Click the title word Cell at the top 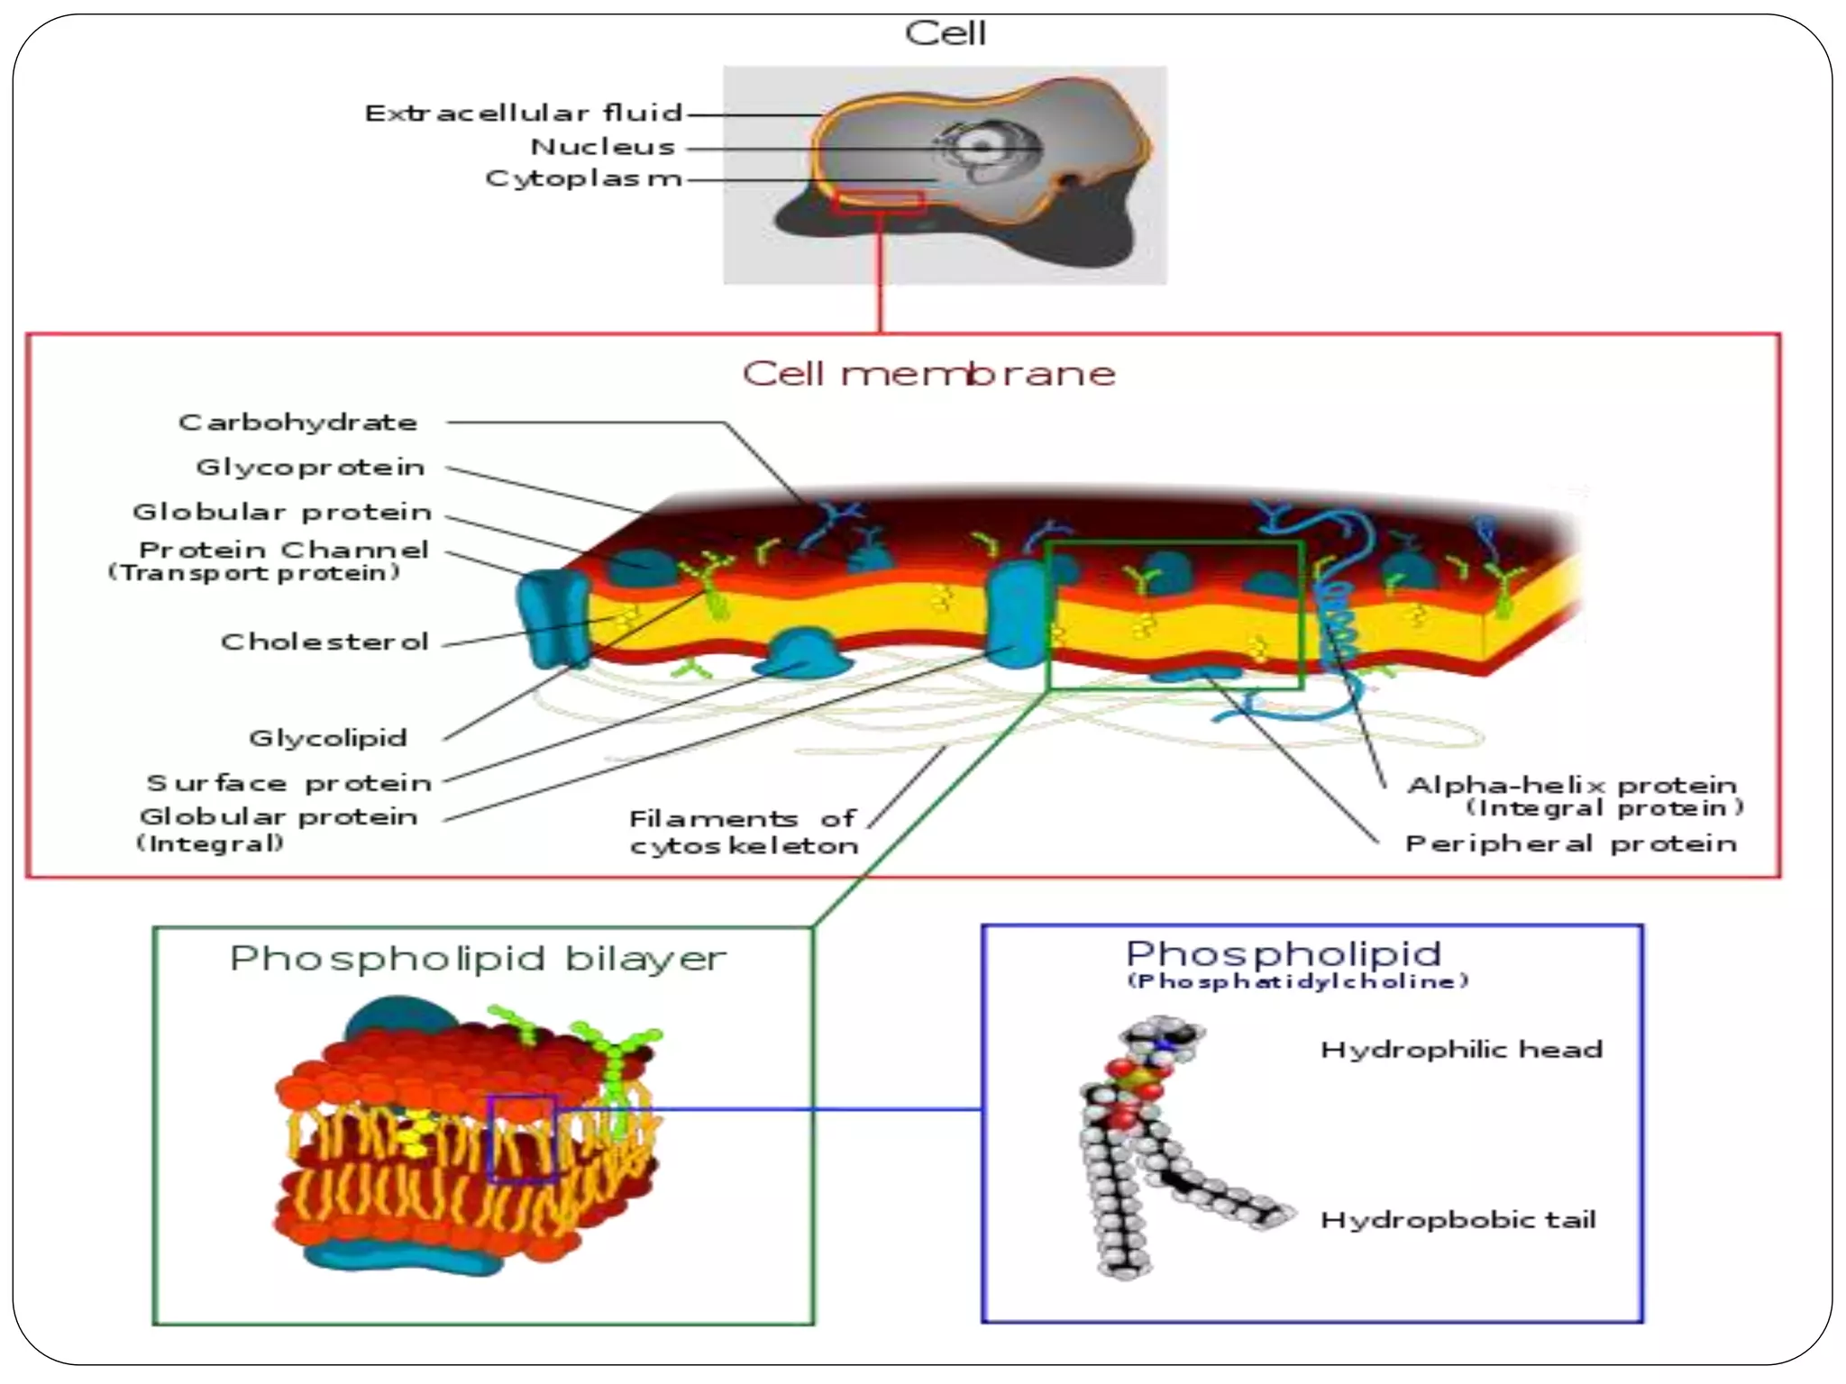(x=945, y=34)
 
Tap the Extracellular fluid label (x=524, y=114)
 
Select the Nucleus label (x=603, y=147)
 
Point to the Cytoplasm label (x=583, y=178)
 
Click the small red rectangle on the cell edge (x=879, y=202)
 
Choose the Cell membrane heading (x=928, y=373)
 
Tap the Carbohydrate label (x=298, y=423)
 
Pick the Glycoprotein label (x=310, y=467)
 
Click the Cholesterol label (x=324, y=642)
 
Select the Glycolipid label (x=328, y=738)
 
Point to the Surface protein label (x=289, y=783)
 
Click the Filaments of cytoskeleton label (x=744, y=832)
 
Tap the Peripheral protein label (x=1571, y=844)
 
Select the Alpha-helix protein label (x=1573, y=786)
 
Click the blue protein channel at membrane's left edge (x=552, y=617)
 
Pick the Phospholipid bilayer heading (x=478, y=959)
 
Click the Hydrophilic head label (x=1461, y=1050)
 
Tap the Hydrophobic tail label (x=1458, y=1220)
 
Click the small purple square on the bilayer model (x=522, y=1138)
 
